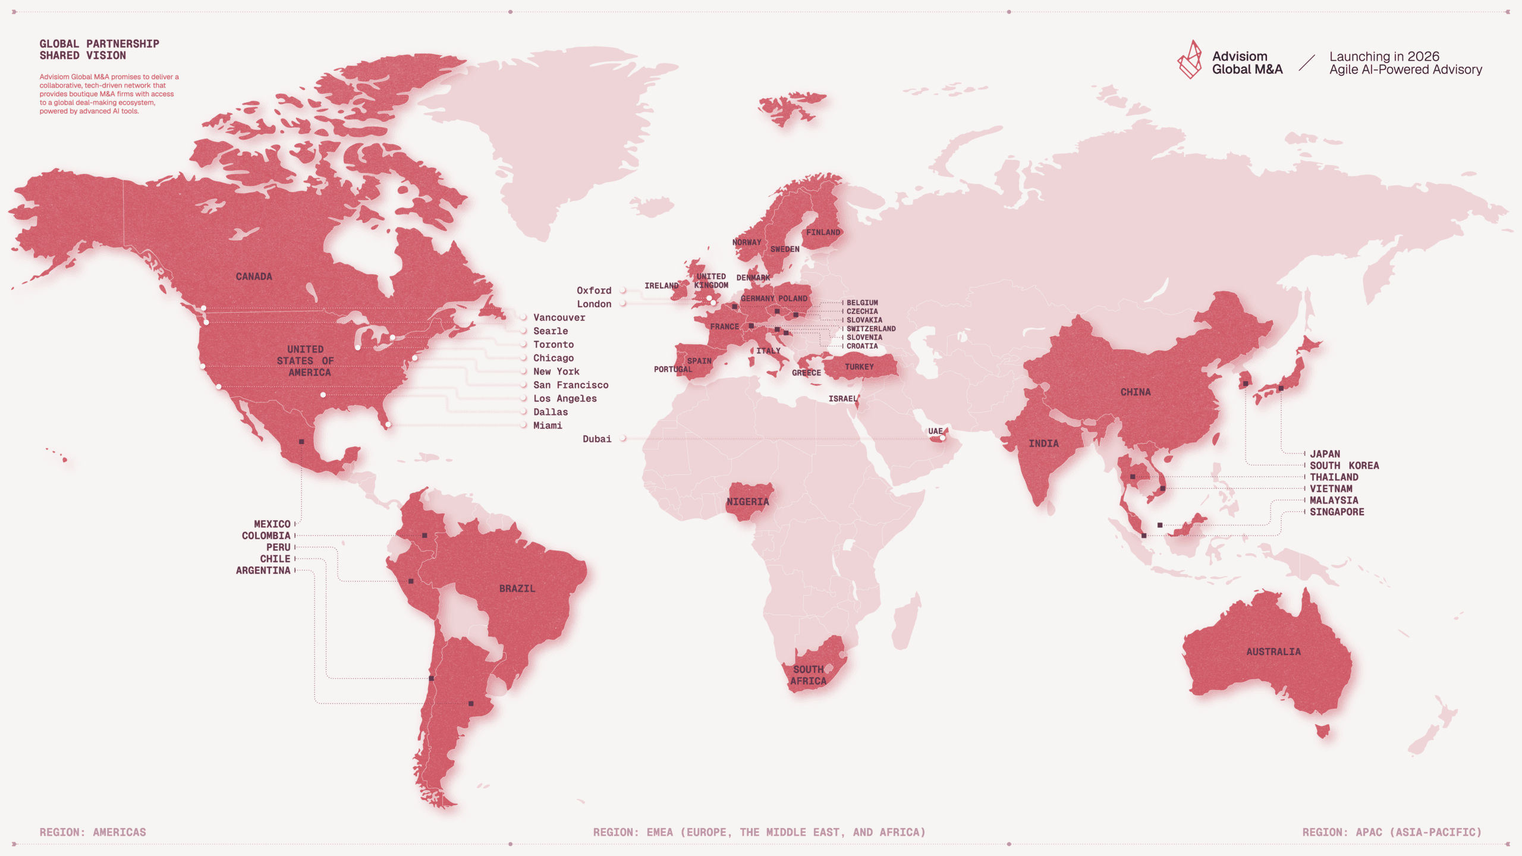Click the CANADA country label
[x=254, y=276]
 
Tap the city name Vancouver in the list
[x=559, y=317]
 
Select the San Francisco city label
[x=570, y=385]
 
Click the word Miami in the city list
[x=547, y=426]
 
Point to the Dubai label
[x=596, y=439]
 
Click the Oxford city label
[x=593, y=291]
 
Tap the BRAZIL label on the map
[x=517, y=588]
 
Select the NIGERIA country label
[x=747, y=502]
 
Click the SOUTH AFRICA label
[x=808, y=675]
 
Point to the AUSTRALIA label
[x=1273, y=652]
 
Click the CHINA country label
[x=1135, y=392]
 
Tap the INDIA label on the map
[x=1043, y=443]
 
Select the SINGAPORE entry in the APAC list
[x=1337, y=512]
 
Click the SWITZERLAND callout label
[x=870, y=329]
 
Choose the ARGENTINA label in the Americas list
[x=263, y=571]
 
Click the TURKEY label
[x=859, y=367]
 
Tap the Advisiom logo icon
[x=1190, y=60]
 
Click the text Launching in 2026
[x=1384, y=56]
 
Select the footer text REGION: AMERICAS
[x=93, y=832]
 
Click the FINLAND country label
[x=823, y=232]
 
